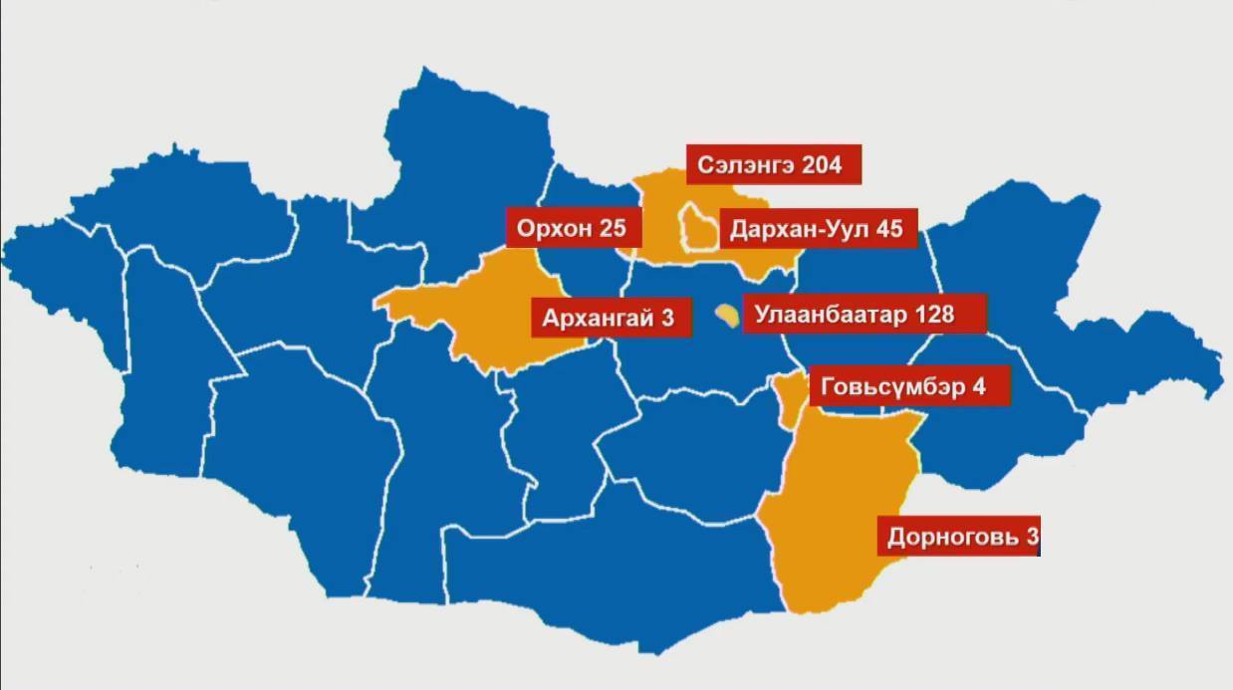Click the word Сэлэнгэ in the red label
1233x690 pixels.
tap(741, 165)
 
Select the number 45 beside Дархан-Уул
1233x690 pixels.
tap(889, 230)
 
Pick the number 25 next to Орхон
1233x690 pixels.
tap(613, 229)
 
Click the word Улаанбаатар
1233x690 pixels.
tap(829, 316)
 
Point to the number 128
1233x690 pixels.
tap(930, 316)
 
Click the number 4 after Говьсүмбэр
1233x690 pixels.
tap(980, 386)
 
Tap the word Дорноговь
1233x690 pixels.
tap(950, 538)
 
